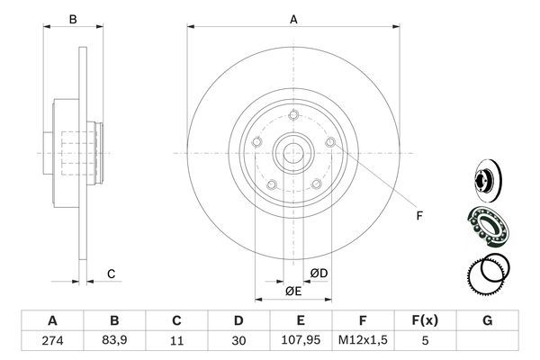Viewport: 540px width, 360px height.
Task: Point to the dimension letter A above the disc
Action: click(x=293, y=18)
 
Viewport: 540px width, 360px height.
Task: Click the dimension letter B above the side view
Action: click(x=74, y=18)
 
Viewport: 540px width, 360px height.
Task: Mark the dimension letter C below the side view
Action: click(x=111, y=274)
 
